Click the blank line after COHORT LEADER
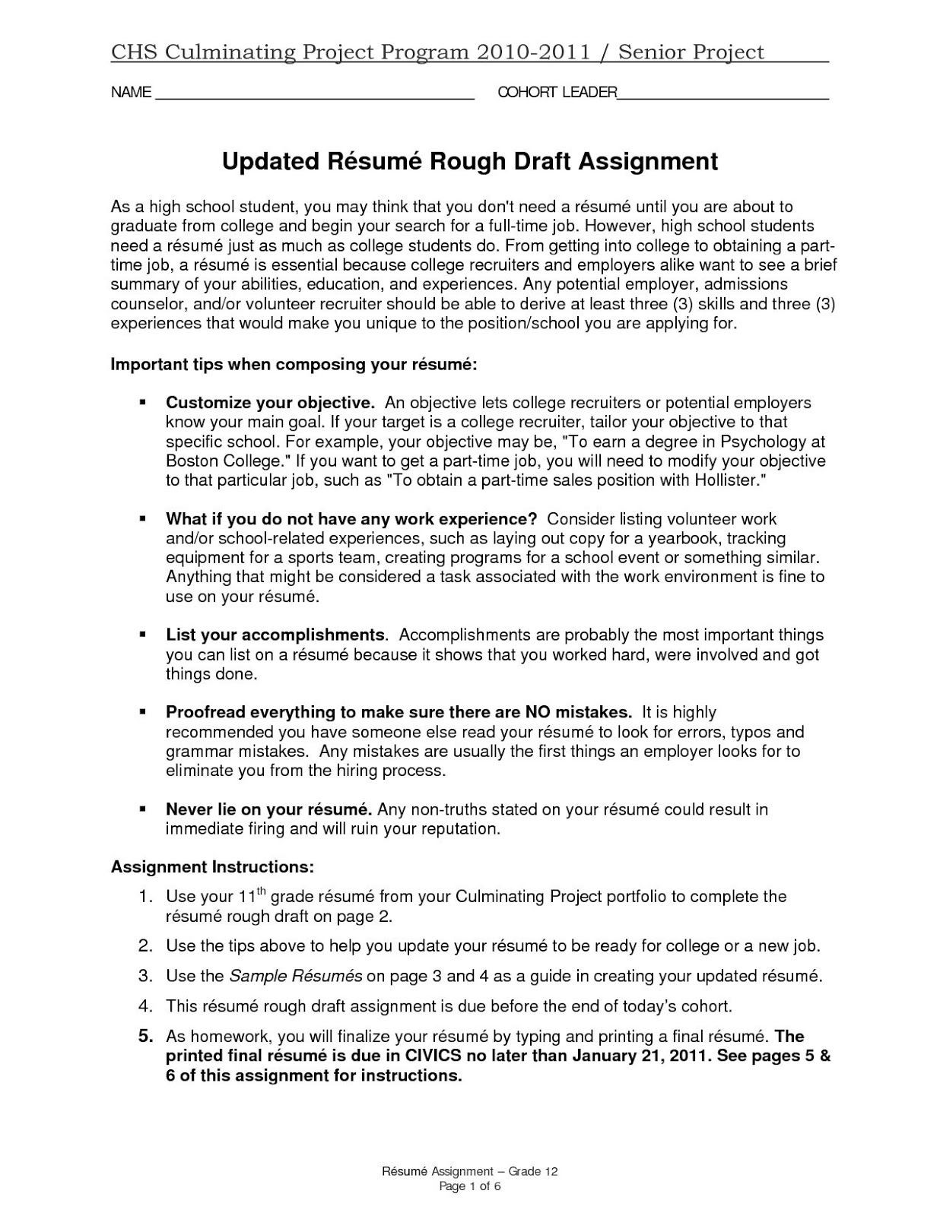click(x=722, y=97)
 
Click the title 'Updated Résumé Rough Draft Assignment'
click(x=469, y=162)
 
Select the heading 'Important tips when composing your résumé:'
click(x=294, y=364)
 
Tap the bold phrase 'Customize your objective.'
click(x=270, y=403)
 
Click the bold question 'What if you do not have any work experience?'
click(x=351, y=519)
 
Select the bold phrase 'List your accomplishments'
click(x=275, y=635)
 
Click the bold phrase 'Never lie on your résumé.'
click(x=268, y=809)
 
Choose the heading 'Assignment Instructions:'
click(x=212, y=867)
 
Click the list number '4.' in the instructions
click(x=146, y=1006)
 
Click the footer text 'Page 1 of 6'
click(x=469, y=1187)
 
